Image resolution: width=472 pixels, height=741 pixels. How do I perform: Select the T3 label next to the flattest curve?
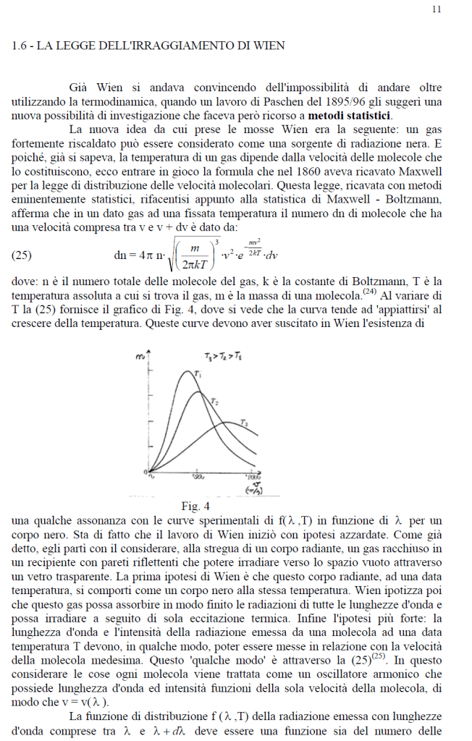point(245,423)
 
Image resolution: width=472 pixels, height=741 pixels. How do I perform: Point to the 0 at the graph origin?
point(146,473)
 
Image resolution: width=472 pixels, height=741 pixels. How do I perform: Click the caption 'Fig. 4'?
point(195,505)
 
